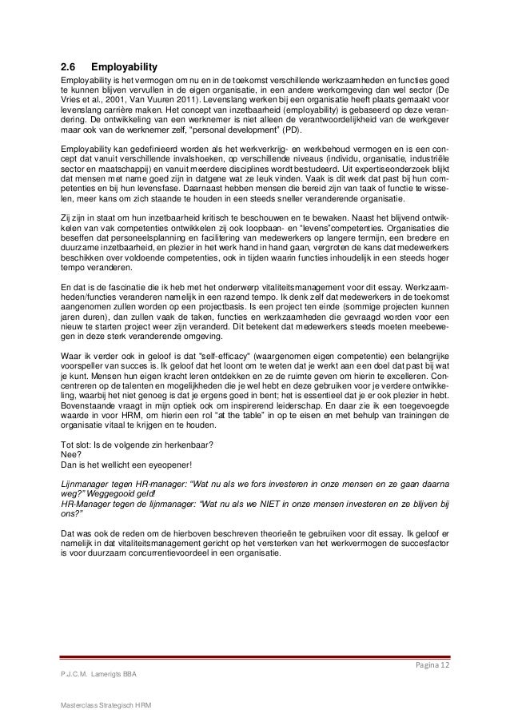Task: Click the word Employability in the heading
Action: click(124, 66)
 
